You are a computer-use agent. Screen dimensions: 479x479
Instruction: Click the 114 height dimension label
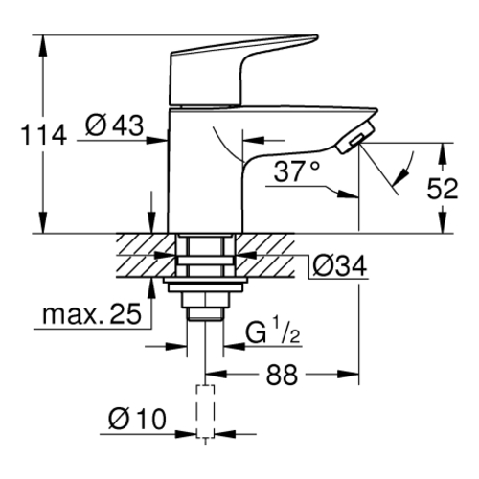(44, 135)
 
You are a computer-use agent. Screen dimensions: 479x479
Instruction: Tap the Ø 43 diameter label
(114, 125)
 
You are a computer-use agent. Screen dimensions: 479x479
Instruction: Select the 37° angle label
(297, 171)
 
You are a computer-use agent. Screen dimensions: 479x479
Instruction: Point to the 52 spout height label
(443, 189)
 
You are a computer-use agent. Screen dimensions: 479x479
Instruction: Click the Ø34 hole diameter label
(339, 266)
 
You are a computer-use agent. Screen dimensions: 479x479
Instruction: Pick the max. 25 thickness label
(92, 314)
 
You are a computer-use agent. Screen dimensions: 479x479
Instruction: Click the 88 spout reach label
(282, 375)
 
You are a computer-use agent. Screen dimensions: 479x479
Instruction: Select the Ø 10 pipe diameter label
(137, 419)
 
